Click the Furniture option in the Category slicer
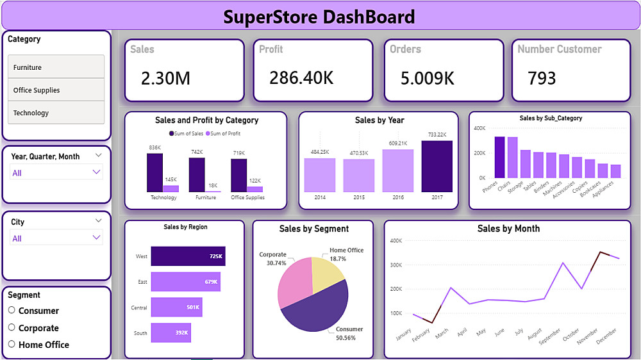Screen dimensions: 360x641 pos(56,67)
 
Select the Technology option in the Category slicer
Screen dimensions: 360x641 pos(56,113)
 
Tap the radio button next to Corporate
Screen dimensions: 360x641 pos(12,327)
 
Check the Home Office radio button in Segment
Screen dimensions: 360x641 pos(12,344)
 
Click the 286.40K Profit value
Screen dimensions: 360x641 pos(301,78)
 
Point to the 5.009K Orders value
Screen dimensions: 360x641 pos(427,78)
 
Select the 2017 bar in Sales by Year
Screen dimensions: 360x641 pos(437,167)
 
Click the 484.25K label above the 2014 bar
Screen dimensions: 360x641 pos(320,152)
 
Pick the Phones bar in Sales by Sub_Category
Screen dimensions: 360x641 pos(499,157)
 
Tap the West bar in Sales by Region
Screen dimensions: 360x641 pos(187,256)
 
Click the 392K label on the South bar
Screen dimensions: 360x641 pos(181,332)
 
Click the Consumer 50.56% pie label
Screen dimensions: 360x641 pos(349,333)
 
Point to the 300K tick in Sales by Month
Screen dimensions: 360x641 pos(395,265)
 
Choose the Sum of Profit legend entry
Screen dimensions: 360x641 pos(224,133)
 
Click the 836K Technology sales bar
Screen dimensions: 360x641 pos(154,172)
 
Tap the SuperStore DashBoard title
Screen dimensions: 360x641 pos(319,17)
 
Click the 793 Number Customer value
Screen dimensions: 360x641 pos(542,78)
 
